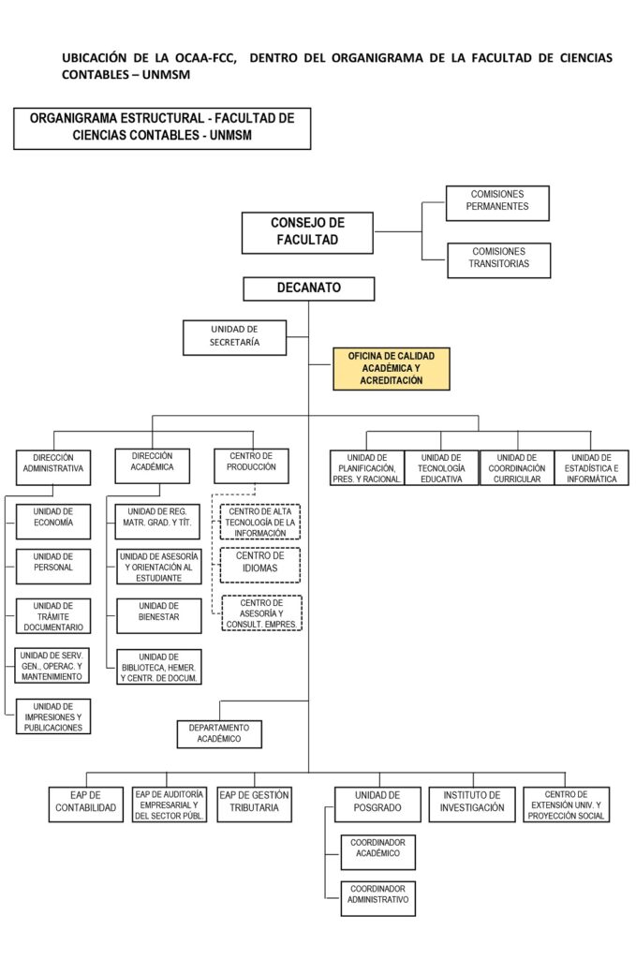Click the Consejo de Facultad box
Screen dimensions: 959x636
coord(307,232)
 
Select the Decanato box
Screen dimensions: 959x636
coord(308,288)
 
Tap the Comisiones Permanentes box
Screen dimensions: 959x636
coord(498,201)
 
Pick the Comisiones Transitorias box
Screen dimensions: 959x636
coord(498,258)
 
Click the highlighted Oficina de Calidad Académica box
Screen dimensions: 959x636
coord(391,368)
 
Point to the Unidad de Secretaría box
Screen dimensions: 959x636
coord(234,336)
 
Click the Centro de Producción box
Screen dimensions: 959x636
coord(251,463)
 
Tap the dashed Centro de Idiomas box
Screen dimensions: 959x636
coord(259,564)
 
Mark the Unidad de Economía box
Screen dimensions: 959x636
coord(53,518)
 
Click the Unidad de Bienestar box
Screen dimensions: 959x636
coord(158,614)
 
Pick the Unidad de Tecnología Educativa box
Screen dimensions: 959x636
coord(441,467)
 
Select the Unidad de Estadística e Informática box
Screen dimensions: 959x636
coord(591,467)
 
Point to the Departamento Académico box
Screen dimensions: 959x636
coord(219,733)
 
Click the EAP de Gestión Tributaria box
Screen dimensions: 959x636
coord(254,804)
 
